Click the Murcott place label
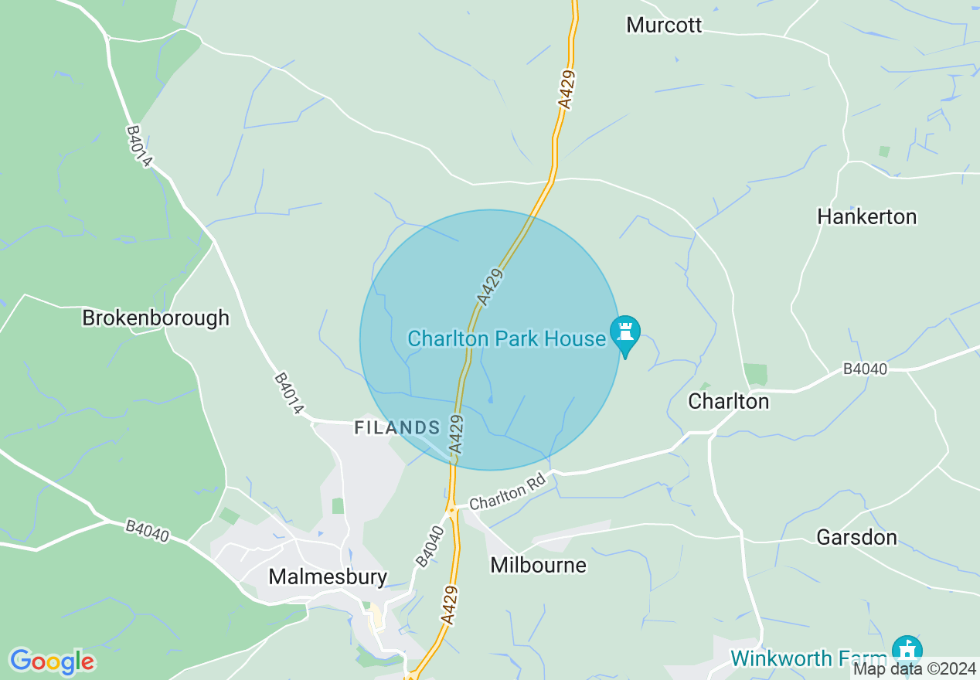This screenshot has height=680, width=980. [x=664, y=25]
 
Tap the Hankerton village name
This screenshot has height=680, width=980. [x=866, y=216]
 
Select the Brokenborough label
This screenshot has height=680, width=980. [x=156, y=318]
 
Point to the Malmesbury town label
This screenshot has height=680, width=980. [x=327, y=576]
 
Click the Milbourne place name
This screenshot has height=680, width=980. [x=538, y=565]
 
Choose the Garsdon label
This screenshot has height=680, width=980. [x=856, y=537]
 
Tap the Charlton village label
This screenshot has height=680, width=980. [x=728, y=401]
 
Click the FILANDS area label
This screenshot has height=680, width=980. [x=396, y=427]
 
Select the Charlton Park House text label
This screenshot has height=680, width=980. [x=506, y=338]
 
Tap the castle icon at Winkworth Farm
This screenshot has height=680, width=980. [x=907, y=649]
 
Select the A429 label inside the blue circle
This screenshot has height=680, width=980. [x=490, y=286]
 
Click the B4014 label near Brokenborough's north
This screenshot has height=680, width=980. [x=140, y=147]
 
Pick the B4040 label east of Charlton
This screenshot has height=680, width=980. [x=865, y=369]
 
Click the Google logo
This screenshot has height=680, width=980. [x=52, y=661]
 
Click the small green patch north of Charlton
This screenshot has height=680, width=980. [x=756, y=374]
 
